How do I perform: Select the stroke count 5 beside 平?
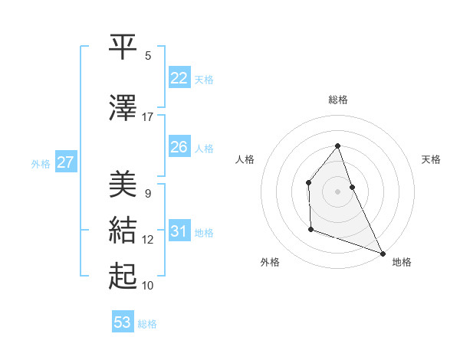[x=148, y=56]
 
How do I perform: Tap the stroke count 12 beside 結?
[x=148, y=240]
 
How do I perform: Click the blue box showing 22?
[x=179, y=78]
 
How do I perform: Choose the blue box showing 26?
[x=179, y=147]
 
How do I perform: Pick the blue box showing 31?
[x=179, y=231]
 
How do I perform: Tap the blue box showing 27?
[x=65, y=162]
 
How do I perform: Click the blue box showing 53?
[x=123, y=322]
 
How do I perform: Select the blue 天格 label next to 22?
[x=204, y=79]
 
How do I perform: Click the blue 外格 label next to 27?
[x=41, y=163]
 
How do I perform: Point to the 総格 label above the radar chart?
[x=337, y=100]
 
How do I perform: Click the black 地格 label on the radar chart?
[x=402, y=263]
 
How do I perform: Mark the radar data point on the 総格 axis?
[x=337, y=146]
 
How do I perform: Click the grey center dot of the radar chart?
[x=337, y=191]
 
